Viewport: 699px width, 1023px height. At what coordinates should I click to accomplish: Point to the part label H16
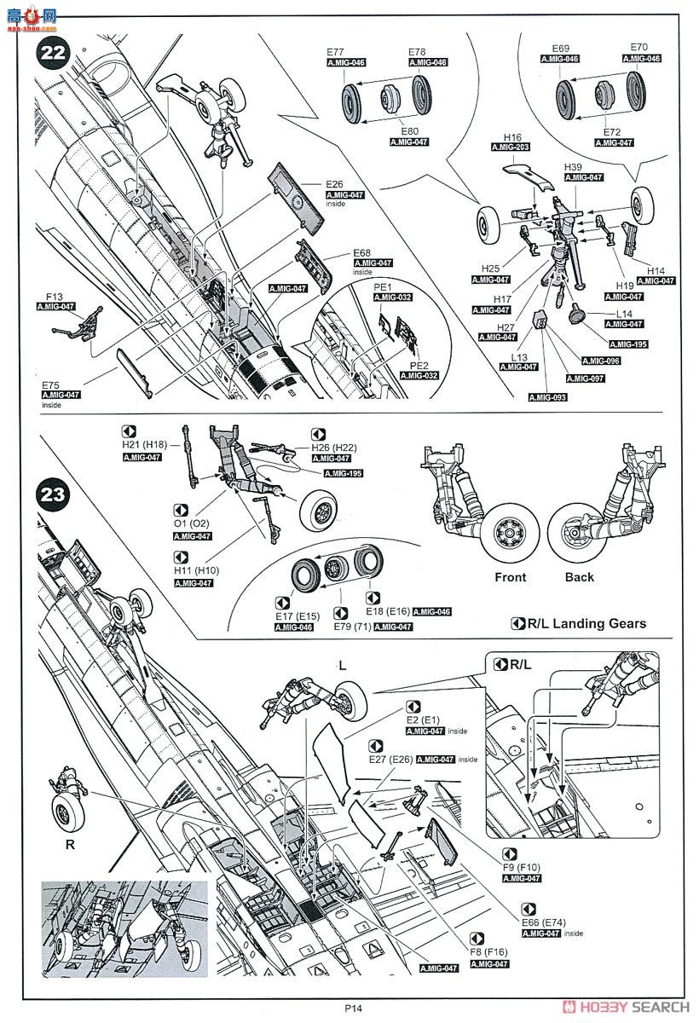[x=512, y=137]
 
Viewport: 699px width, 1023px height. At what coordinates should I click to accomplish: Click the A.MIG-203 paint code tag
[x=511, y=147]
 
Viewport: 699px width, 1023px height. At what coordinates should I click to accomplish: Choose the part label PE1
[x=381, y=287]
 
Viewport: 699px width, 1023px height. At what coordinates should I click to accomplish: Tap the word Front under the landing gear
[x=511, y=577]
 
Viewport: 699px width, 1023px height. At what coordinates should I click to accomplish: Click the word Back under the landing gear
[x=580, y=577]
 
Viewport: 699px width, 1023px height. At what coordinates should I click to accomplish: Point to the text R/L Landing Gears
[x=586, y=623]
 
